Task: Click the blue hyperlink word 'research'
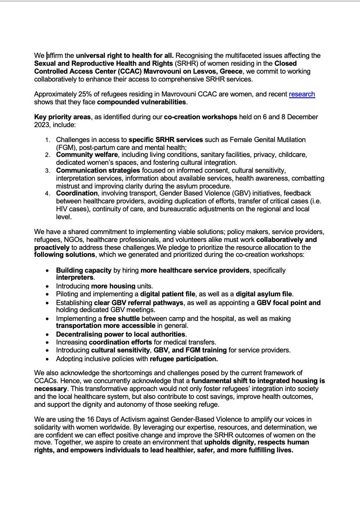tap(302, 94)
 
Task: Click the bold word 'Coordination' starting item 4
tap(77, 193)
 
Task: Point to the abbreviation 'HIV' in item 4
tap(63, 209)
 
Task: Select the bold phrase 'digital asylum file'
tap(264, 294)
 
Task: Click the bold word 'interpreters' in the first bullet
tap(74, 277)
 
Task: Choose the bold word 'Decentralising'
tap(81, 334)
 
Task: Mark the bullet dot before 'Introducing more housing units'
tap(47, 286)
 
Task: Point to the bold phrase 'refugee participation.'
tap(184, 359)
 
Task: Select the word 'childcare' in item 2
tap(293, 155)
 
